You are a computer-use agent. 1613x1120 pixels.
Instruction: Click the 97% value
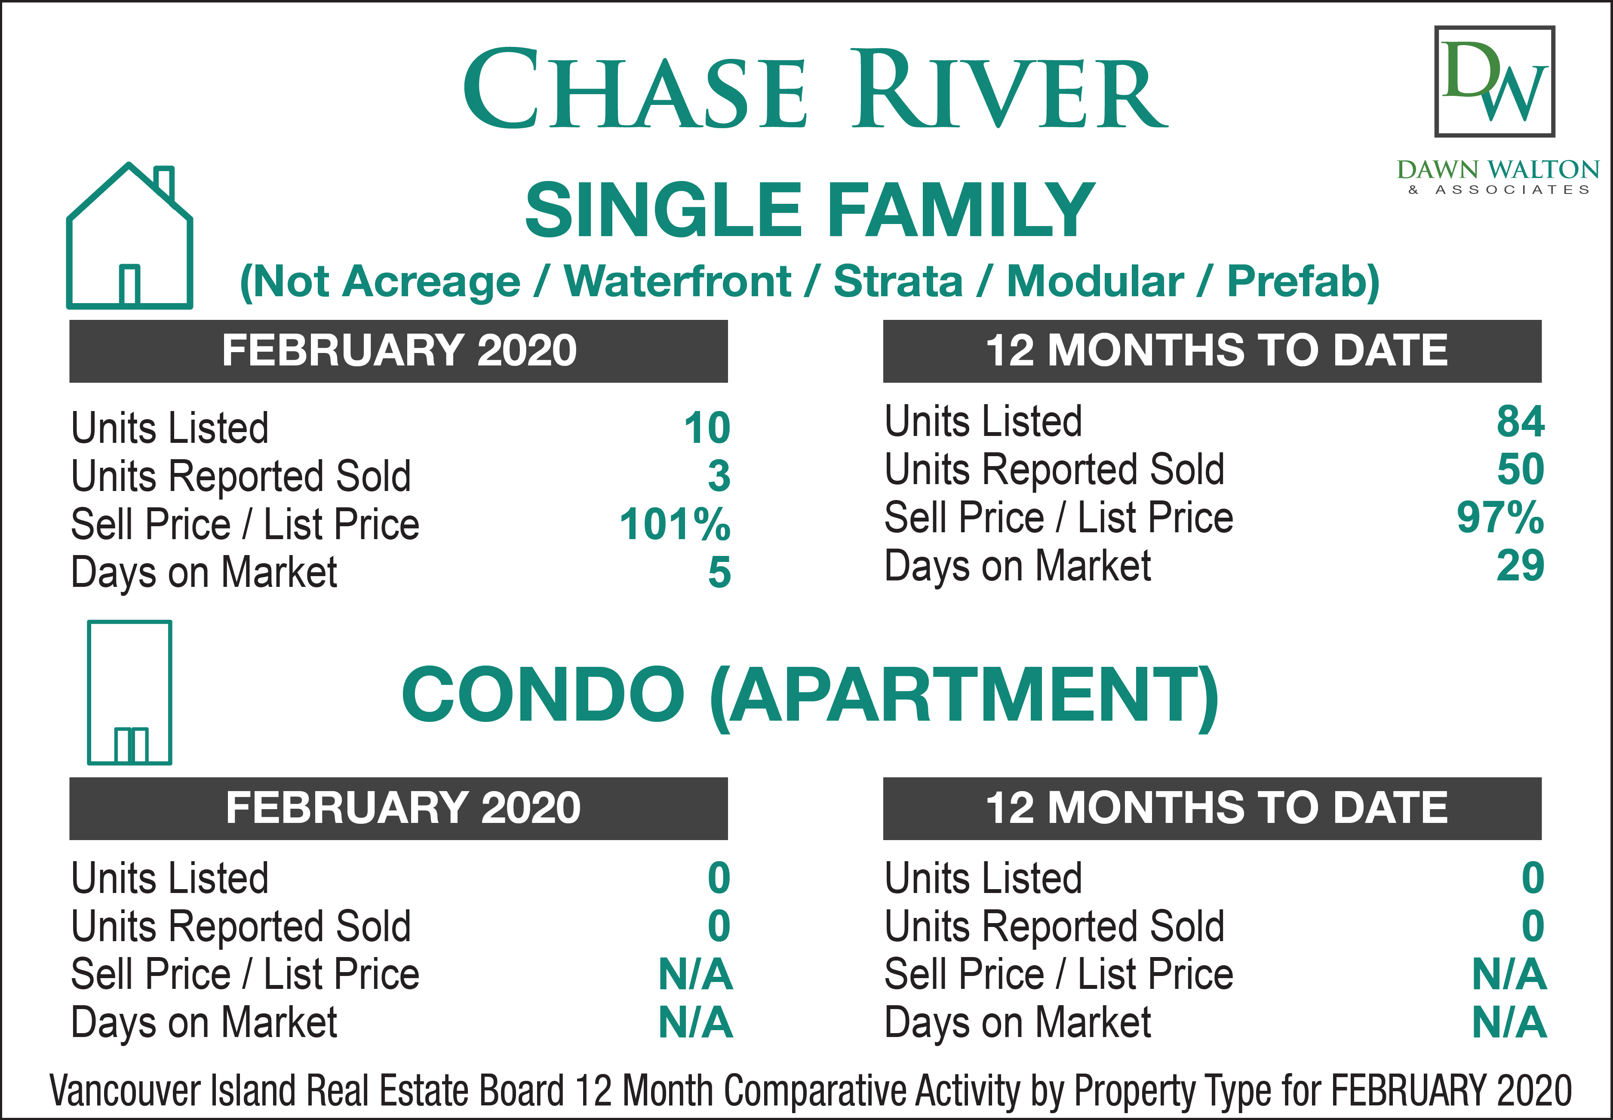point(1500,518)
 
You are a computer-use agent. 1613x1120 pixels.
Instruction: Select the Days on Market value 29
point(1521,566)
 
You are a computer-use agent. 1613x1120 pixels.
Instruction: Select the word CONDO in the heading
point(543,695)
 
